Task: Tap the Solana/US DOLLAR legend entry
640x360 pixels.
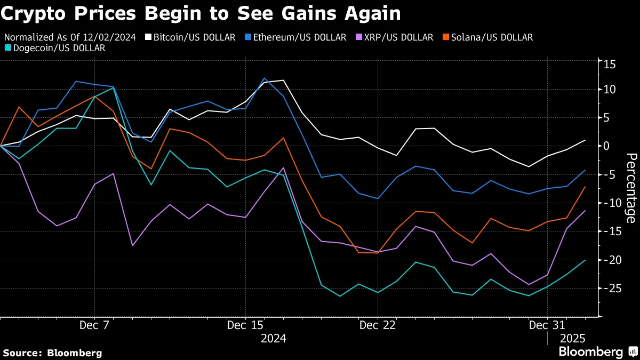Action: point(487,37)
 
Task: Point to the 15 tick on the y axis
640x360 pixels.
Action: point(610,65)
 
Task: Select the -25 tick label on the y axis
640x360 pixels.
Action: point(609,289)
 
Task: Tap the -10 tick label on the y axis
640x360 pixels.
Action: point(609,203)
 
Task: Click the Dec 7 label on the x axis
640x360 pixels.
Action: point(94,325)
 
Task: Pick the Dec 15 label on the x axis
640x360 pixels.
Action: point(245,325)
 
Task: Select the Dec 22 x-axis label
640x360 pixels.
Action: point(377,325)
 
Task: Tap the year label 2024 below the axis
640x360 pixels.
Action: point(273,338)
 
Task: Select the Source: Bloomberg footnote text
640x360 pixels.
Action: point(52,353)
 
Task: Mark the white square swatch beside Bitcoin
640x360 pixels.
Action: point(150,37)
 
